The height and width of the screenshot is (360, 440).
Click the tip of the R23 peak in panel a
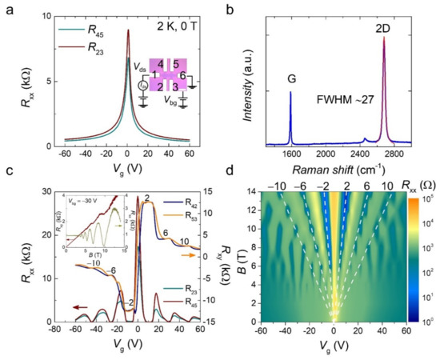tap(128, 31)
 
